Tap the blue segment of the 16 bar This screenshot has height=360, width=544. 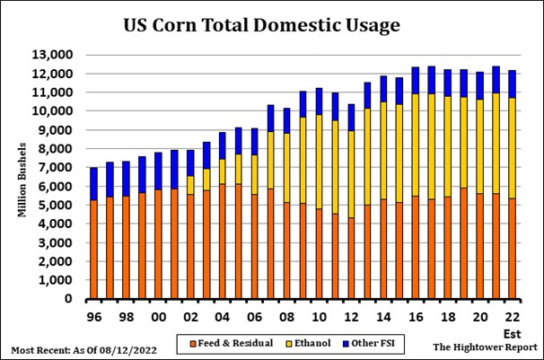pyautogui.click(x=414, y=80)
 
